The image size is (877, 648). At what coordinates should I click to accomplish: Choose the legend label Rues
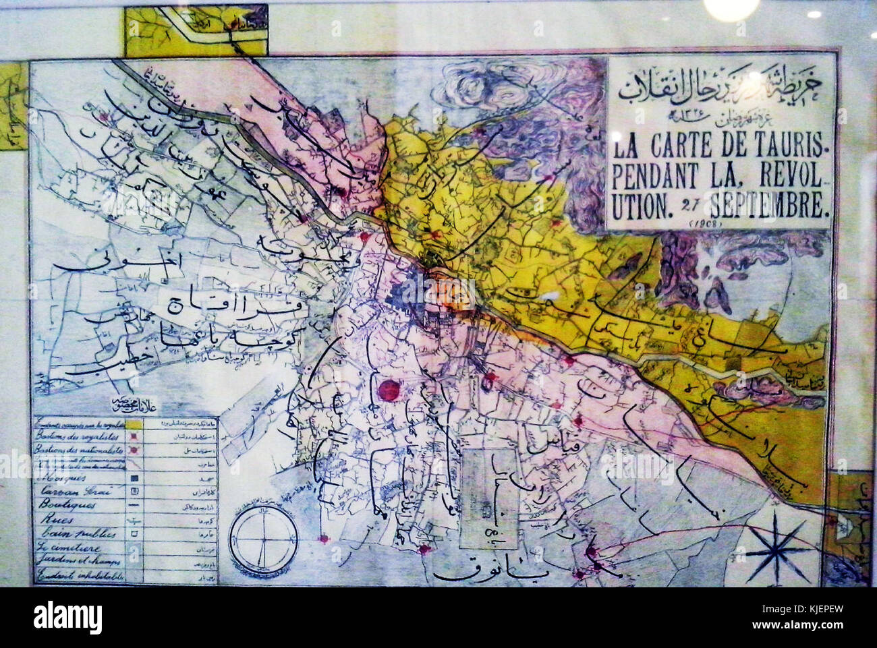tap(53, 520)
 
